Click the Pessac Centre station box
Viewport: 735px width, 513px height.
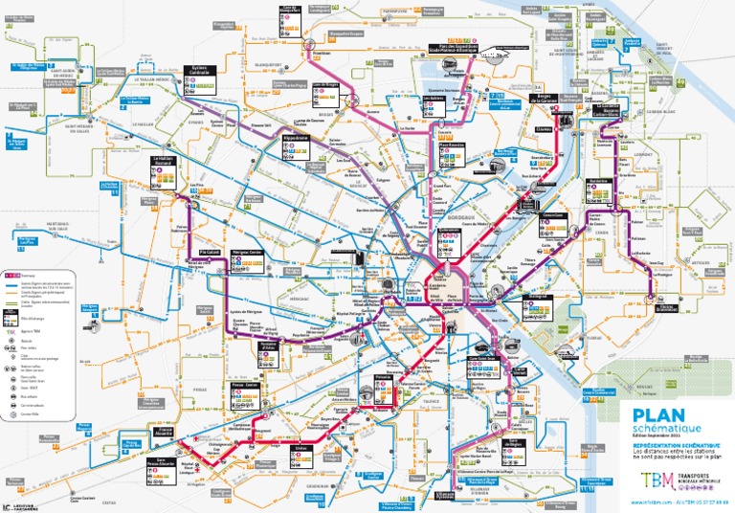coord(246,389)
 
